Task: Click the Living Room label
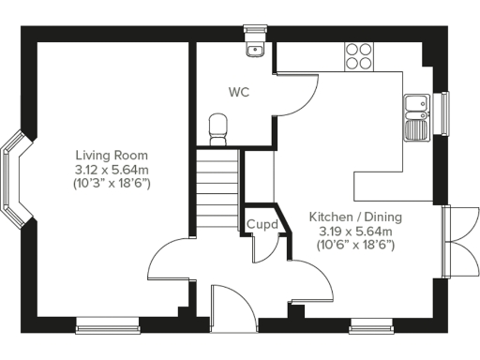[x=112, y=155]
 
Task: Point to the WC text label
[x=239, y=93]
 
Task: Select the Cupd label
[x=261, y=225]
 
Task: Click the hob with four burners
[x=357, y=55]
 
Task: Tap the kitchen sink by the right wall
[x=416, y=110]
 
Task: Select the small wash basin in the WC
[x=254, y=49]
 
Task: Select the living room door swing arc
[x=171, y=267]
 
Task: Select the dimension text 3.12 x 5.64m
[x=112, y=169]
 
